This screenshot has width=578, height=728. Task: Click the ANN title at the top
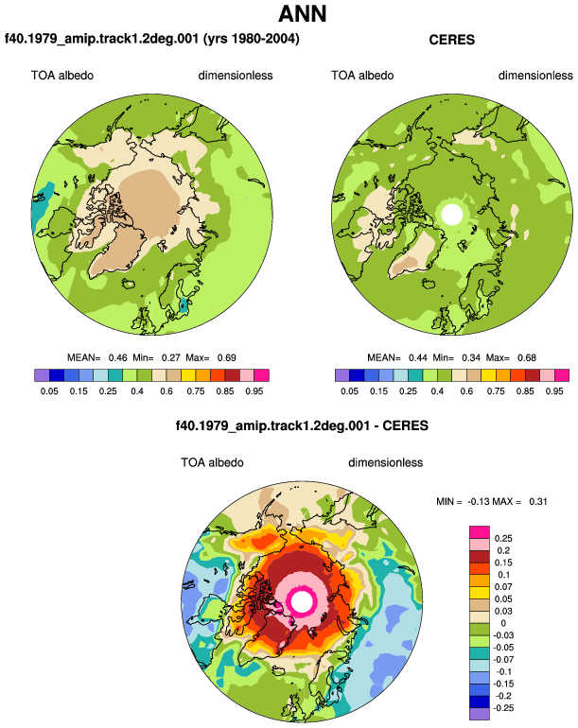(303, 14)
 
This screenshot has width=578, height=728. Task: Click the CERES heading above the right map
(451, 40)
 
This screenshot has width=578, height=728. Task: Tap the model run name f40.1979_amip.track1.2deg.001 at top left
(102, 38)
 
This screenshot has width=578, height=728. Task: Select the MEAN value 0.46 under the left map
(117, 358)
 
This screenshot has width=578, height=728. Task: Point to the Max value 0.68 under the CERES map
(527, 358)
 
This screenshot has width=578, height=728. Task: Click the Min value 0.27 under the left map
(170, 358)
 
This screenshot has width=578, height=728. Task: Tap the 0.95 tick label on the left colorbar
(254, 391)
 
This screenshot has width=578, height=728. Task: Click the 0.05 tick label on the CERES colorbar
(349, 391)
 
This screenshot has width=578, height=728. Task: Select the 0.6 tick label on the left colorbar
(166, 391)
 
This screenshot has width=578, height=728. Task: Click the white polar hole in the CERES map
(452, 214)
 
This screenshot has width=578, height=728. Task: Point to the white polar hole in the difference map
(302, 601)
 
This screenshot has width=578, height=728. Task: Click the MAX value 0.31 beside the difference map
(538, 502)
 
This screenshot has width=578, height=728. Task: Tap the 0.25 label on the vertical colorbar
(503, 539)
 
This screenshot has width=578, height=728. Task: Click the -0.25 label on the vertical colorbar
(502, 708)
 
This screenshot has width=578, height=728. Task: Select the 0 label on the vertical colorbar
(503, 624)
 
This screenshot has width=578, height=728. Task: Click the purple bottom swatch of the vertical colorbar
(480, 714)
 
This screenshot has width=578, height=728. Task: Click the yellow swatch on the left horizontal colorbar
(188, 375)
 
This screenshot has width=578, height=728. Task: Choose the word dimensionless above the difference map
(386, 463)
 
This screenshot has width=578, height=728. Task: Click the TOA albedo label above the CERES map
(362, 76)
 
